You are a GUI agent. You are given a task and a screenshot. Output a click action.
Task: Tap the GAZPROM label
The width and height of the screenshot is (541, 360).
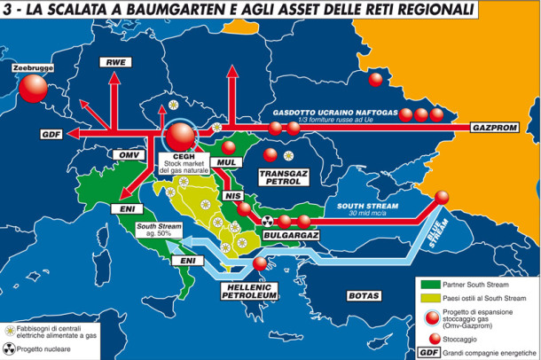(x=501, y=127)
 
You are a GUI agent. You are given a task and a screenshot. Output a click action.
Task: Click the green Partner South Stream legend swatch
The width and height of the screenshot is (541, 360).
(x=429, y=284)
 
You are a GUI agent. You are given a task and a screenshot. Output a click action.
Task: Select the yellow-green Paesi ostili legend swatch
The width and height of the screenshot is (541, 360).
(x=429, y=298)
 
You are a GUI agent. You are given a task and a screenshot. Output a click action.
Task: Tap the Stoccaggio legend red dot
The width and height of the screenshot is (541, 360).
(x=430, y=337)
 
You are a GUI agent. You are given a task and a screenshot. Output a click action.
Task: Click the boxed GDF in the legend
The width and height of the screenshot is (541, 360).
(x=429, y=351)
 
